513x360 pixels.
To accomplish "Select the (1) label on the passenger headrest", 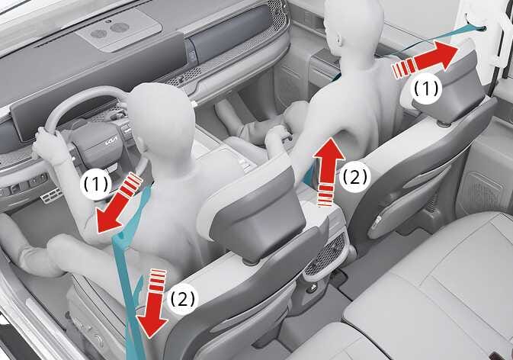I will point(426,88).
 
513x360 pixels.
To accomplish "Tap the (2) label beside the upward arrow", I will point(355,177).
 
